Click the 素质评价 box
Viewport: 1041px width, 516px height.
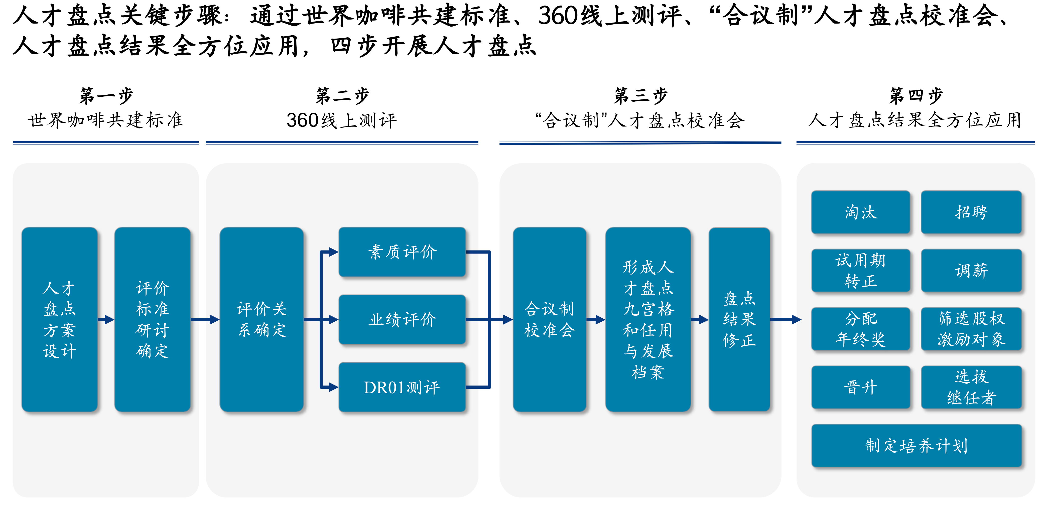pos(402,252)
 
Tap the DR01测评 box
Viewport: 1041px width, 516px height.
pos(402,387)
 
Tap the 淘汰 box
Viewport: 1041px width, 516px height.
pos(861,212)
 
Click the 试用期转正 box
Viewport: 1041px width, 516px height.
pos(861,270)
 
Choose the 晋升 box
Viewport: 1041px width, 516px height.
pos(861,387)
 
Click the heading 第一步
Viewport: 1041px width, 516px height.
pos(106,96)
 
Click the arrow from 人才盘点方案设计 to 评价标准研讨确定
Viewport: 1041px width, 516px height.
pos(106,320)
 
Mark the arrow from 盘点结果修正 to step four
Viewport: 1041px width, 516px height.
pos(786,320)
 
